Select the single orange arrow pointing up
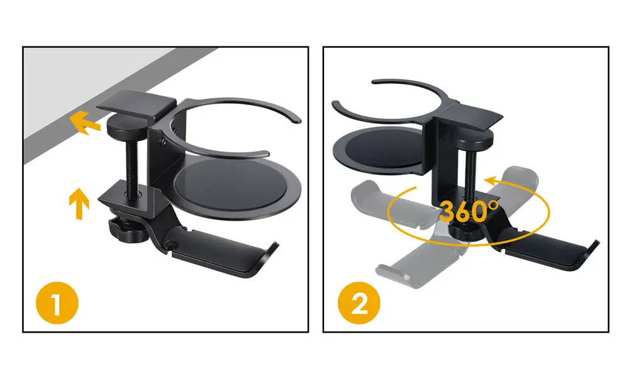(x=78, y=201)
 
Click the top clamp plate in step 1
(x=138, y=102)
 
